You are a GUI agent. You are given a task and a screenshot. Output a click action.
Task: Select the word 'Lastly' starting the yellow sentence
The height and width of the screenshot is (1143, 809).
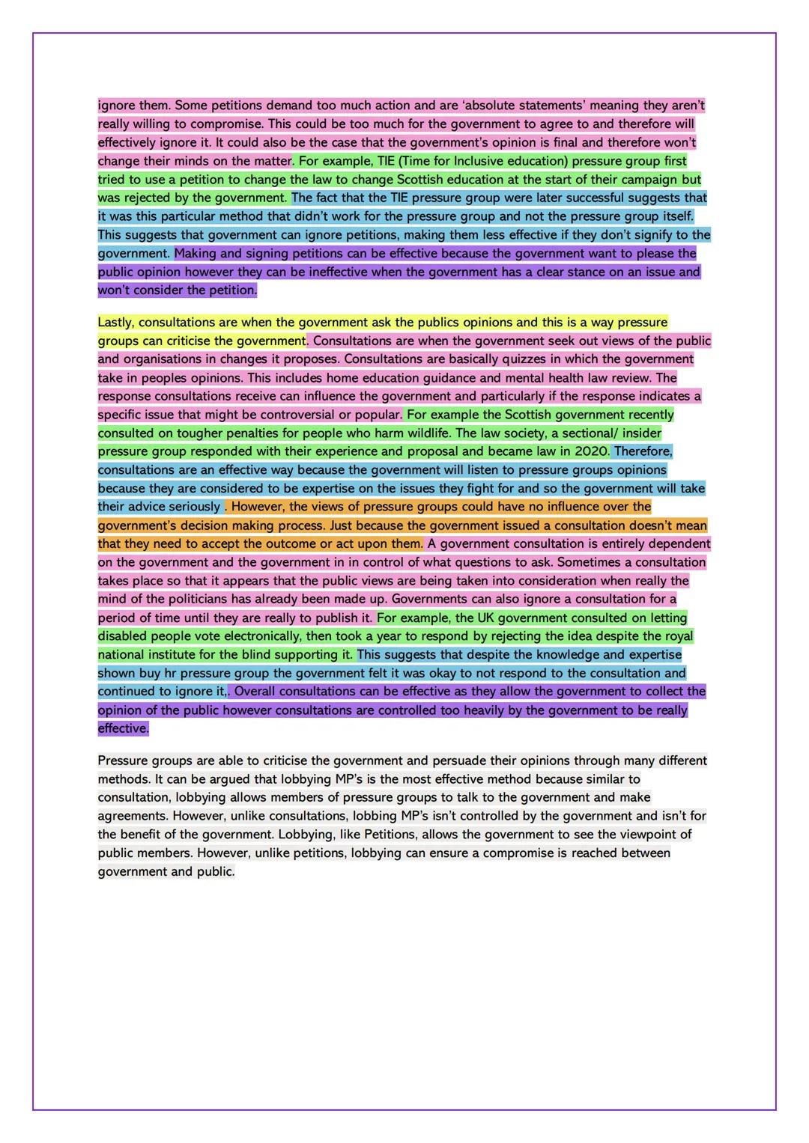click(115, 323)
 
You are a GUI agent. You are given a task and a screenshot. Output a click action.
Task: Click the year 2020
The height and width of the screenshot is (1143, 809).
click(591, 451)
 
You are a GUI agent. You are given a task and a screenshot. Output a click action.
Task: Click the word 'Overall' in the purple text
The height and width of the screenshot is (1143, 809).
click(255, 692)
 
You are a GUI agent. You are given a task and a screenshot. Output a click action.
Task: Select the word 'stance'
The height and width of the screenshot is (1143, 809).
click(567, 272)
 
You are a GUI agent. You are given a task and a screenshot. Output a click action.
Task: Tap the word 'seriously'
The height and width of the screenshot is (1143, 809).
click(191, 507)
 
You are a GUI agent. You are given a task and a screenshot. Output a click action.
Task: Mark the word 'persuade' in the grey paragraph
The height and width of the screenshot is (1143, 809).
click(458, 761)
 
